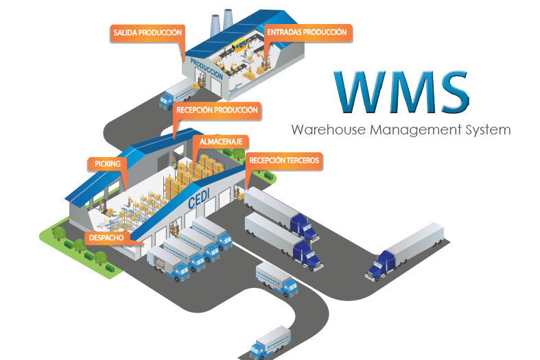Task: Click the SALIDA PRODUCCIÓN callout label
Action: pyautogui.click(x=148, y=33)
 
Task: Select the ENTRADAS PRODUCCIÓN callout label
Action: pyautogui.click(x=307, y=33)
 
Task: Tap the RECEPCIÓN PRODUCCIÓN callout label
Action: pyautogui.click(x=217, y=110)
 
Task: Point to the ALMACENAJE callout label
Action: pyautogui.click(x=221, y=142)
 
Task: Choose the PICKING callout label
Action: pyautogui.click(x=108, y=164)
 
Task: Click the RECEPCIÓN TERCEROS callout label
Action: pyautogui.click(x=284, y=160)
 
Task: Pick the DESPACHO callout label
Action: pyautogui.click(x=106, y=238)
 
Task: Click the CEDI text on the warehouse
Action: pyautogui.click(x=199, y=199)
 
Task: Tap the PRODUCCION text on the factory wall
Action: pyautogui.click(x=207, y=69)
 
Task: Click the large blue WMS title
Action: pyautogui.click(x=401, y=92)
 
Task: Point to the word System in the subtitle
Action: pyautogui.click(x=488, y=130)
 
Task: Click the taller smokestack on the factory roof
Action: pyautogui.click(x=228, y=19)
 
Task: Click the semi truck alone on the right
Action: pyautogui.click(x=404, y=252)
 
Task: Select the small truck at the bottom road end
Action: pyautogui.click(x=270, y=343)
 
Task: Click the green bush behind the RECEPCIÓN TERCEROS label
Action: pyautogui.click(x=269, y=176)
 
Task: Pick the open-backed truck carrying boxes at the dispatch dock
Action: pyautogui.click(x=167, y=264)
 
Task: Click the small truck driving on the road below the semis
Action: pyautogui.click(x=277, y=280)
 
